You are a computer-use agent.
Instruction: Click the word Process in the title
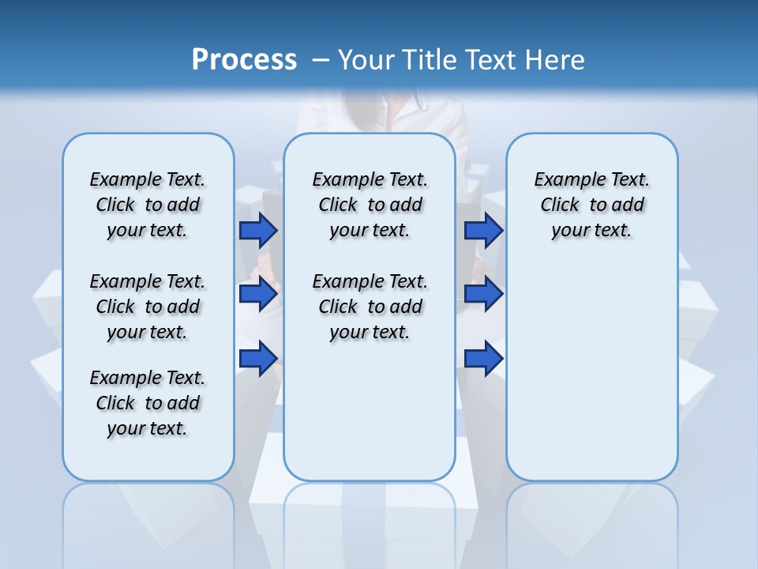click(244, 60)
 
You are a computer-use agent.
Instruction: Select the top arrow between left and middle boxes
click(258, 231)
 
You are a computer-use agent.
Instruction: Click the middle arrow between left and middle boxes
click(258, 295)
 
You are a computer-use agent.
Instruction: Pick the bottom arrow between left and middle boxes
click(258, 359)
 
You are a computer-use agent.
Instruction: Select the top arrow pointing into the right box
click(483, 231)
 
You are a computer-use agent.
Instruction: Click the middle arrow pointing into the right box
click(483, 295)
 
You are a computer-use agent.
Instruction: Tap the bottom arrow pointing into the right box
click(483, 359)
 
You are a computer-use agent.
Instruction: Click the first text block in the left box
click(148, 205)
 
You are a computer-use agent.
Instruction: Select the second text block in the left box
click(148, 307)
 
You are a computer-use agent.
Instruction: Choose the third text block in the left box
click(148, 403)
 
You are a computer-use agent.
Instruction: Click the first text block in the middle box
click(370, 205)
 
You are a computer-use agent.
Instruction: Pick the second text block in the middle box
click(370, 307)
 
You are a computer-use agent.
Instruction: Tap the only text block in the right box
click(591, 205)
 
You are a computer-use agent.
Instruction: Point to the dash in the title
click(321, 60)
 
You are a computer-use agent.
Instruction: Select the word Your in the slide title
click(366, 60)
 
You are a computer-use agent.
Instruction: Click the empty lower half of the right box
click(591, 379)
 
